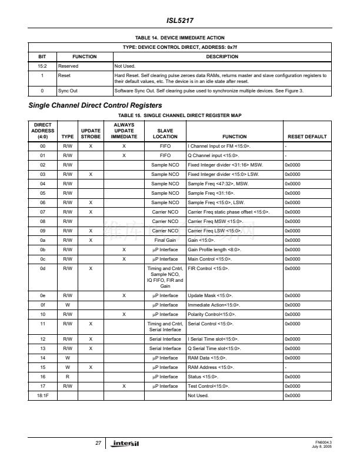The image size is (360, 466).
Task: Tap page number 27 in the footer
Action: [98, 442]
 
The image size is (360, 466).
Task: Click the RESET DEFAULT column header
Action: [305, 136]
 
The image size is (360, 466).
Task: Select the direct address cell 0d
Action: [42, 268]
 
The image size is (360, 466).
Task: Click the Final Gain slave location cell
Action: [167, 240]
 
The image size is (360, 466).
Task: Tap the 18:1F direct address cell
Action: [42, 395]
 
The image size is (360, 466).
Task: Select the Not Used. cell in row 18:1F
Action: [198, 395]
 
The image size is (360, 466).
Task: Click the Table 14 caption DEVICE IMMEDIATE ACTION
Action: [179, 38]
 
